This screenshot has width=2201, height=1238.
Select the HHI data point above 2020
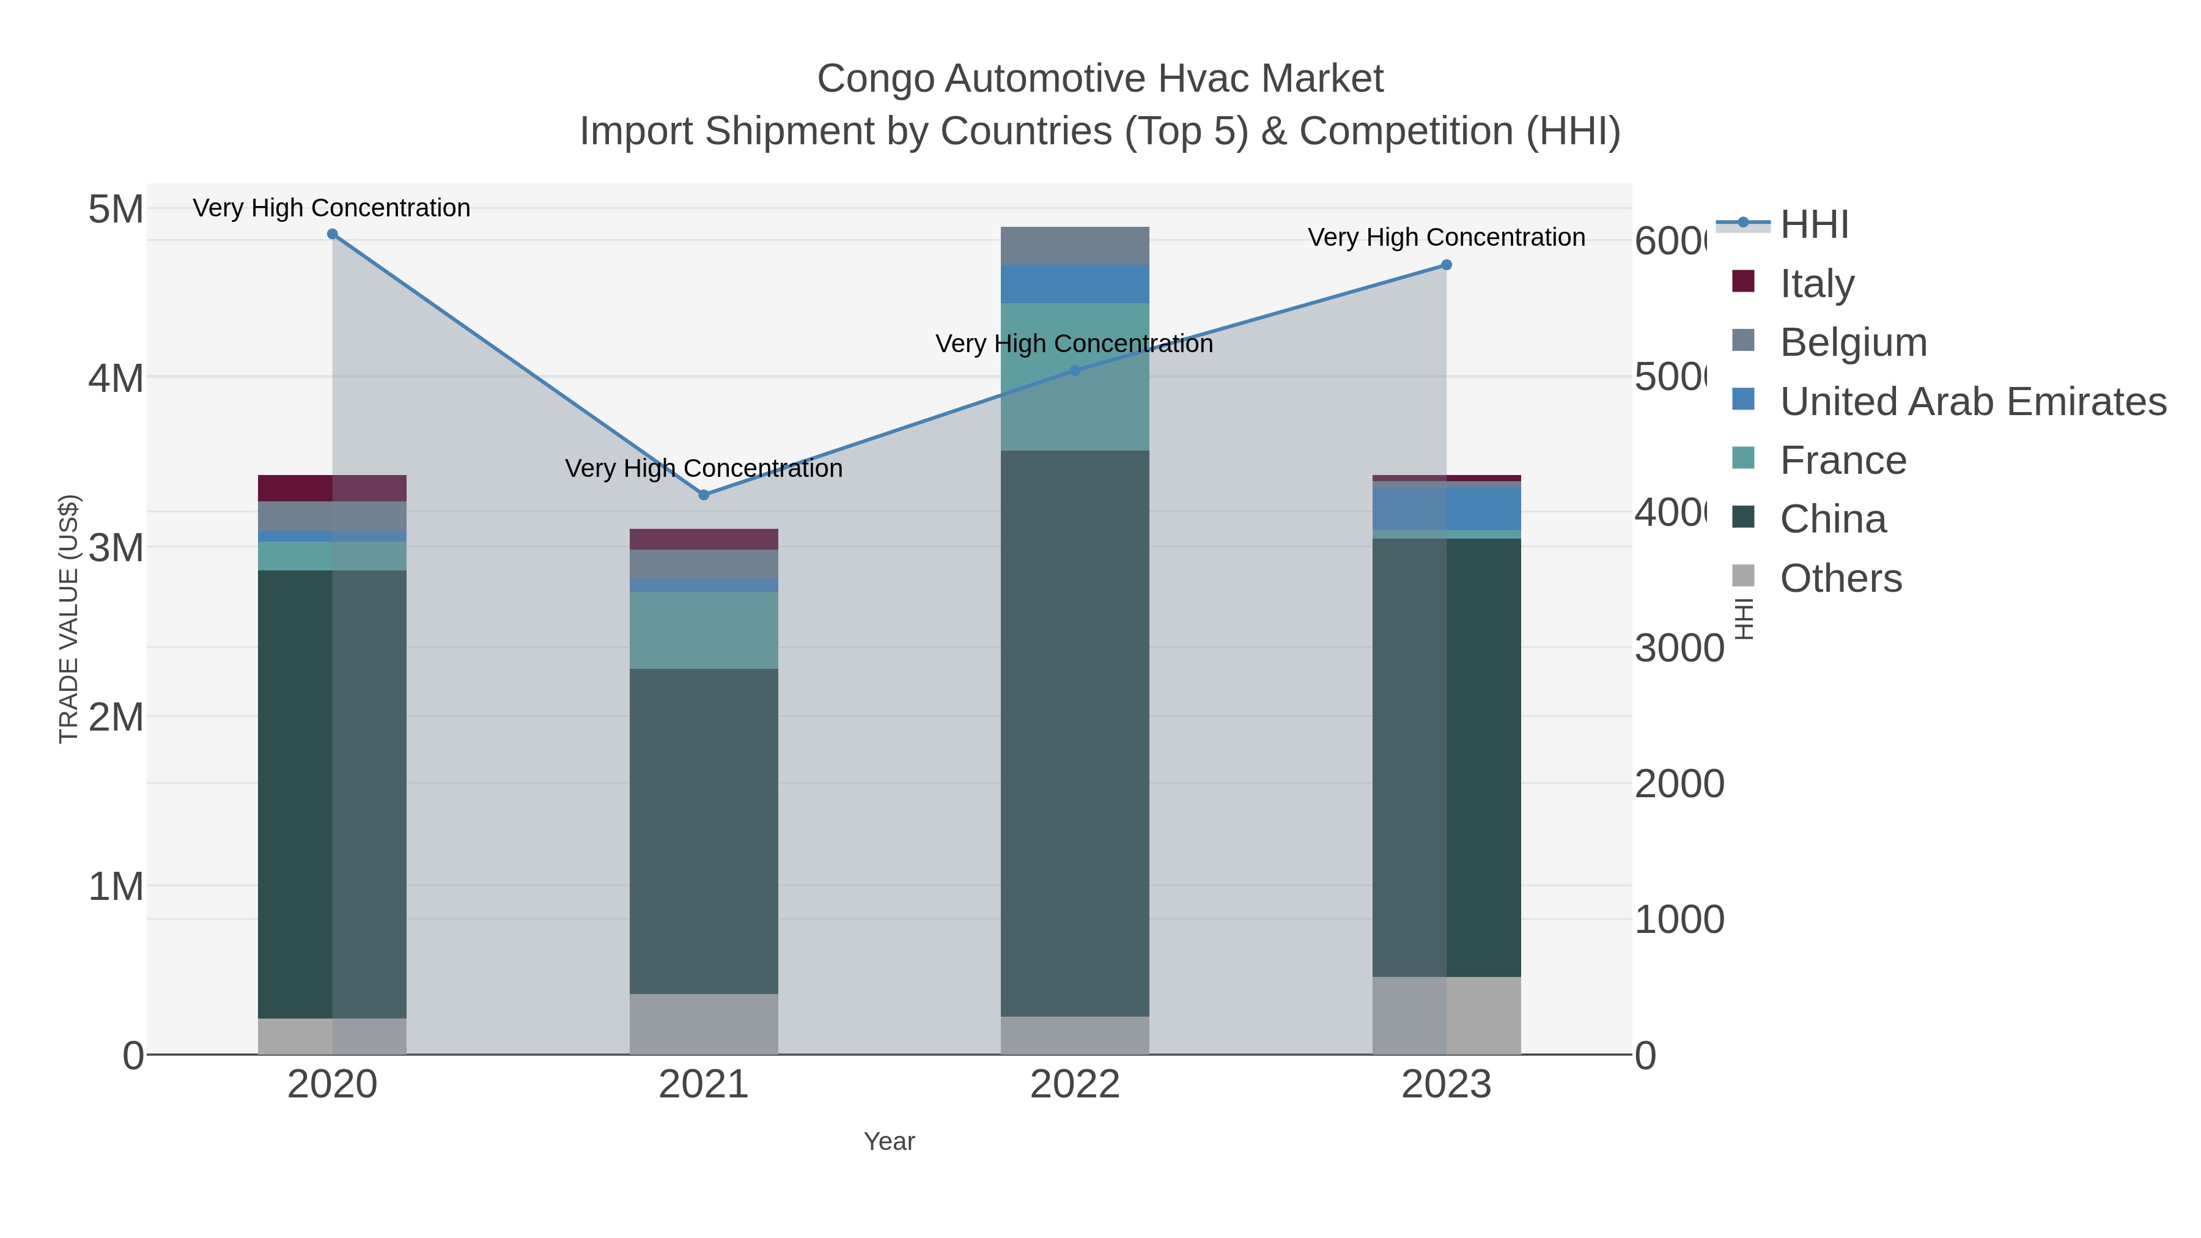tap(333, 234)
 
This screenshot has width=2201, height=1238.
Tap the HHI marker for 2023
tap(1446, 265)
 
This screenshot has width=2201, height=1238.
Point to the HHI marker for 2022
tap(1075, 371)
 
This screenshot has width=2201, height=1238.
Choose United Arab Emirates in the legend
tap(1972, 402)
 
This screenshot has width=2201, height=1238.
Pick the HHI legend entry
tap(1814, 225)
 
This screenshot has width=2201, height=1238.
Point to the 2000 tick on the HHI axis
tap(1679, 784)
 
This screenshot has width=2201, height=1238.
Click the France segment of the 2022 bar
tap(1075, 377)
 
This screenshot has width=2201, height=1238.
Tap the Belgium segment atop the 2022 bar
tap(1075, 246)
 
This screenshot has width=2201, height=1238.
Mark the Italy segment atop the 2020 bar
tap(333, 488)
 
